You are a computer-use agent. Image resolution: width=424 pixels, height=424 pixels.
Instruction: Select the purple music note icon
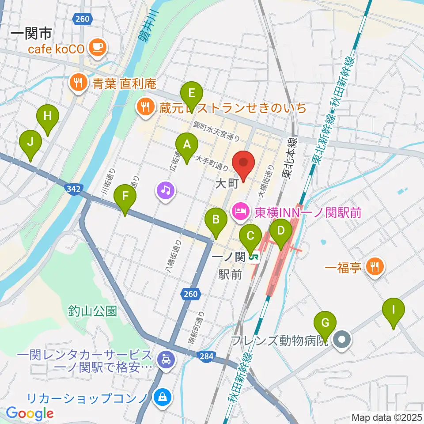165,190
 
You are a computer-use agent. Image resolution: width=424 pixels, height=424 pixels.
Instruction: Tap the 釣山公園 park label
93,311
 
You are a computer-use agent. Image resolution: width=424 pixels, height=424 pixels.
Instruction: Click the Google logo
30,414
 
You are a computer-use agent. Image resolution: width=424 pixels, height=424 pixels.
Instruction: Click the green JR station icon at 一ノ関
254,256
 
